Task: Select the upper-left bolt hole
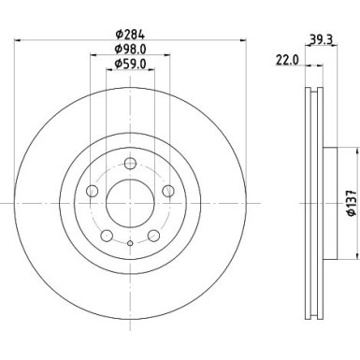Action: pyautogui.click(x=92, y=192)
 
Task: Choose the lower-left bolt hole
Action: pyautogui.click(x=106, y=234)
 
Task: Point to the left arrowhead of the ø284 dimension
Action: pyautogui.click(x=20, y=40)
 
